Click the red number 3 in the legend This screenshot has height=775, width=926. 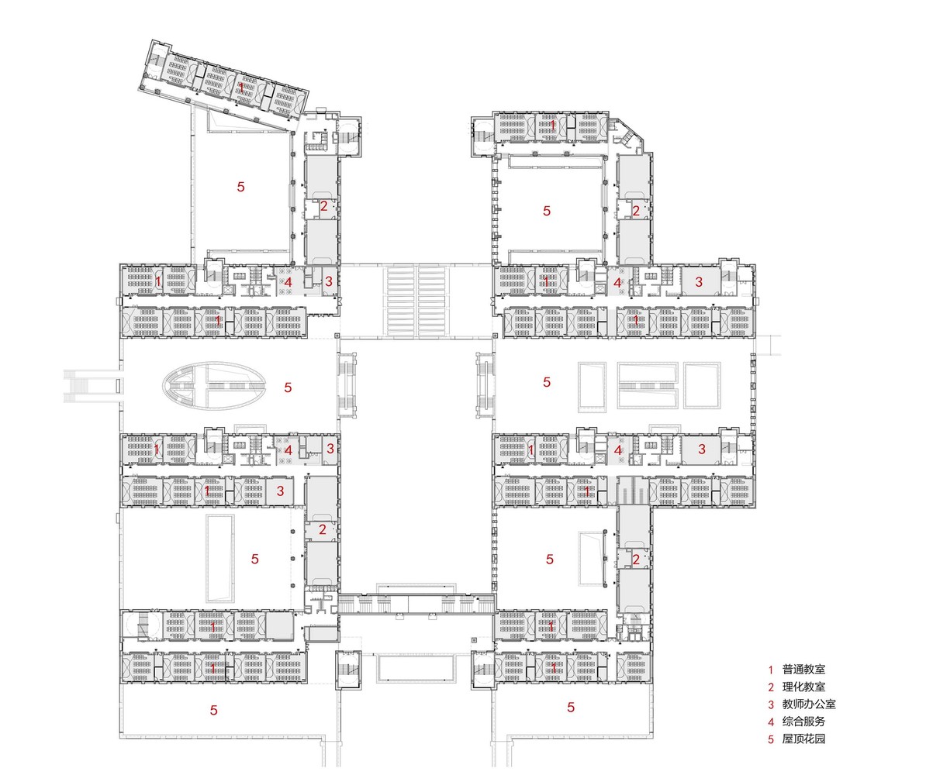[x=771, y=704]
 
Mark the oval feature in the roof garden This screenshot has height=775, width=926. [x=213, y=385]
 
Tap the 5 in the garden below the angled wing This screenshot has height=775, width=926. [x=240, y=187]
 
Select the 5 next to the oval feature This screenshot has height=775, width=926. [x=288, y=387]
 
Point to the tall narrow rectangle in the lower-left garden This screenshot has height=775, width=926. [x=220, y=558]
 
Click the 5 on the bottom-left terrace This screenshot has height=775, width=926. [x=213, y=710]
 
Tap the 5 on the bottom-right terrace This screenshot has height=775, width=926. [x=571, y=707]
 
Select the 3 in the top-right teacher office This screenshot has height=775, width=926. [x=698, y=283]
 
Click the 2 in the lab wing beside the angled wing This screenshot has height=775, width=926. [x=323, y=206]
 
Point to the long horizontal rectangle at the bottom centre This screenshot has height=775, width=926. [x=416, y=667]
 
